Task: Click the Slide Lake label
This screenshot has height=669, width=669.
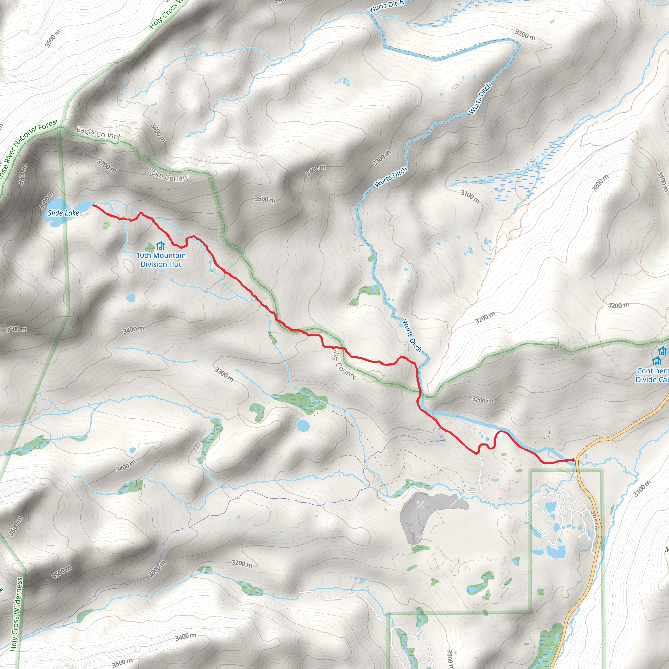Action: coord(63,213)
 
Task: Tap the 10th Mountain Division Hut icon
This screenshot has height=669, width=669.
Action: coord(161,246)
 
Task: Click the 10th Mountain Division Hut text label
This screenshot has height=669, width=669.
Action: coord(161,260)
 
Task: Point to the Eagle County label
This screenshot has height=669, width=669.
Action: coord(98,133)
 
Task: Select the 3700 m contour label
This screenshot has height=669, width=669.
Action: coord(106,166)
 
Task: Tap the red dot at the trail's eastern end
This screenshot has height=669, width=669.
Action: coord(573,460)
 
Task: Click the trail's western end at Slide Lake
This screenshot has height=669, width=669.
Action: coord(93,206)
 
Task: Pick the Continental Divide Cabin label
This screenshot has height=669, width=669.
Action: coord(653,375)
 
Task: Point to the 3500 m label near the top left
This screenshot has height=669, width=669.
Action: coord(53,38)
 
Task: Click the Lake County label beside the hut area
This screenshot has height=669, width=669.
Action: coord(168,175)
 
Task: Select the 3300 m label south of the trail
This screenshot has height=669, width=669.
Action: coord(224,374)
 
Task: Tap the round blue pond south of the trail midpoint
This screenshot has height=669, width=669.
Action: coord(303,426)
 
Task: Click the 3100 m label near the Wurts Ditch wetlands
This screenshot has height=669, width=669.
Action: coord(470,197)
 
